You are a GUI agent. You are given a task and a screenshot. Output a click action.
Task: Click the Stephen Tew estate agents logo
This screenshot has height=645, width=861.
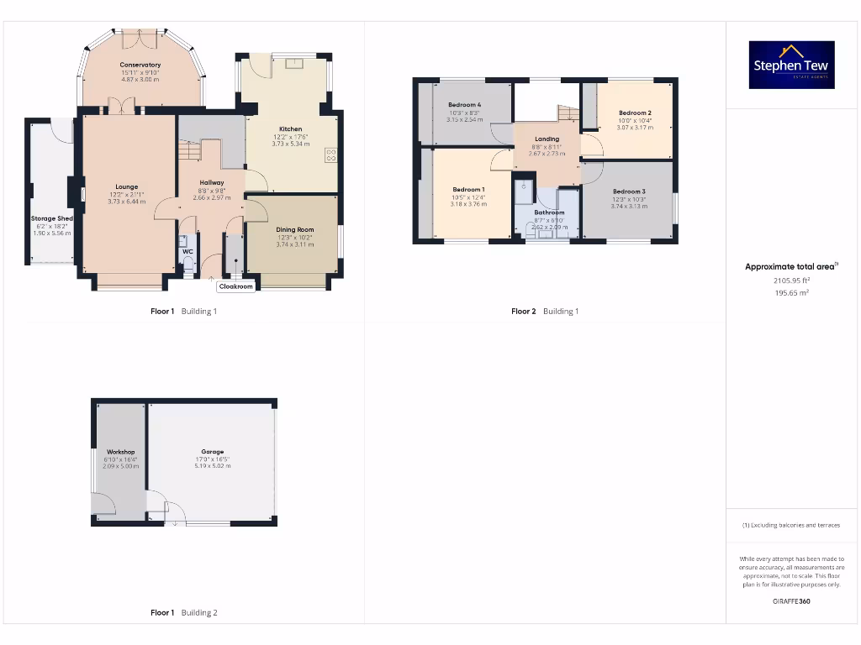tap(791, 65)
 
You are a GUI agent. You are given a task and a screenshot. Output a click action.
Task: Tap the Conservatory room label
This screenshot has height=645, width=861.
tap(140, 65)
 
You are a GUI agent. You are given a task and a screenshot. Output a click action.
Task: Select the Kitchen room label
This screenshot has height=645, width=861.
tap(290, 129)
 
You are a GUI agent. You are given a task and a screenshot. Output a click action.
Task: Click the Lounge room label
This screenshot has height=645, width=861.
tap(127, 186)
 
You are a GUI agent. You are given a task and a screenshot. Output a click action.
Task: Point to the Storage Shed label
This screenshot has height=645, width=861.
tap(52, 218)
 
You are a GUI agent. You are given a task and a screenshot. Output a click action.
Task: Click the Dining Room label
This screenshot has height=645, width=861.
tap(294, 229)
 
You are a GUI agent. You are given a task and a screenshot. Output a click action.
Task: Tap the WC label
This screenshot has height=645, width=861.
tap(187, 251)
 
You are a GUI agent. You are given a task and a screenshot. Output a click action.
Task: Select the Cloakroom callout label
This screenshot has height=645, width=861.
tap(235, 286)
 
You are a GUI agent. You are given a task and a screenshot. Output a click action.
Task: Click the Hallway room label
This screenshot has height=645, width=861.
tap(211, 182)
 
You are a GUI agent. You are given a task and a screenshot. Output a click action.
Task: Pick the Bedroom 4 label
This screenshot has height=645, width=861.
tap(464, 105)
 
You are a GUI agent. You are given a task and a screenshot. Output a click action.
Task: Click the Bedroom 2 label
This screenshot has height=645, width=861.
tap(635, 113)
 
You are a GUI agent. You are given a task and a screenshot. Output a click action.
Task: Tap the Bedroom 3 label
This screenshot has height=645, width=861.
tap(629, 191)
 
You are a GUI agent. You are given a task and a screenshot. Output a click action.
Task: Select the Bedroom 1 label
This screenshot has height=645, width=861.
tap(468, 189)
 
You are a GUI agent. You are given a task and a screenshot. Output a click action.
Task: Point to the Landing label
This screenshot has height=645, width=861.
tap(547, 139)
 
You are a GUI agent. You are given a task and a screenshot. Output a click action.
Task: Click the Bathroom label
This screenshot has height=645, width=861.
tap(549, 212)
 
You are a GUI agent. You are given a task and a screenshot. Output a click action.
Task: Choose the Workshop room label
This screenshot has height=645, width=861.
tap(120, 452)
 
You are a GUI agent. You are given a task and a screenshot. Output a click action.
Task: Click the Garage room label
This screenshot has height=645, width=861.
tap(212, 452)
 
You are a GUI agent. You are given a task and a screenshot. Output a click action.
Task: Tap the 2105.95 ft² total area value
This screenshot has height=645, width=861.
tap(791, 281)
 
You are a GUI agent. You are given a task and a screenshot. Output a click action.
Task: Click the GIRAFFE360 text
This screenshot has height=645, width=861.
tap(790, 601)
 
